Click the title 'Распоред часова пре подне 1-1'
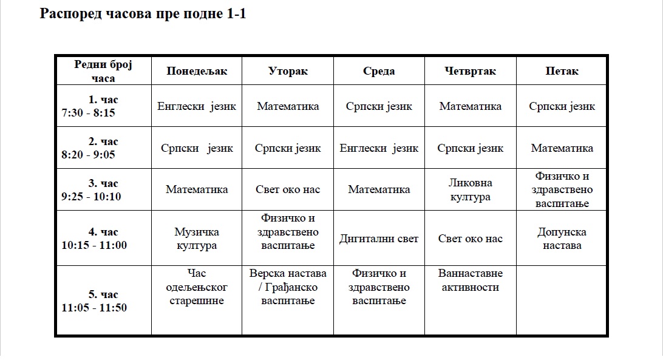[143, 15]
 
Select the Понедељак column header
[197, 71]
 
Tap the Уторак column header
[288, 71]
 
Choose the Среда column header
[379, 71]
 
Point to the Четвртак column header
[470, 71]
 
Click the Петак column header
[562, 71]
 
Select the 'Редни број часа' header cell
[103, 71]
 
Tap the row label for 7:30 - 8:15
[103, 106]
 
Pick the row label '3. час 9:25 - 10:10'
[103, 189]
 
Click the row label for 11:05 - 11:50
[103, 301]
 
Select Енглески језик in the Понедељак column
[197, 106]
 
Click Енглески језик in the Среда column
[379, 148]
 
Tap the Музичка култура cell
[197, 239]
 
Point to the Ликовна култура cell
[470, 189]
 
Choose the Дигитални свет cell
[379, 239]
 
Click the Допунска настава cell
[562, 239]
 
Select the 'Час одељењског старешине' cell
[197, 287]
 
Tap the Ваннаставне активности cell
[470, 280]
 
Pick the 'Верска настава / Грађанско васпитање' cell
[288, 287]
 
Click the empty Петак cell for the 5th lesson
[562, 301]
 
